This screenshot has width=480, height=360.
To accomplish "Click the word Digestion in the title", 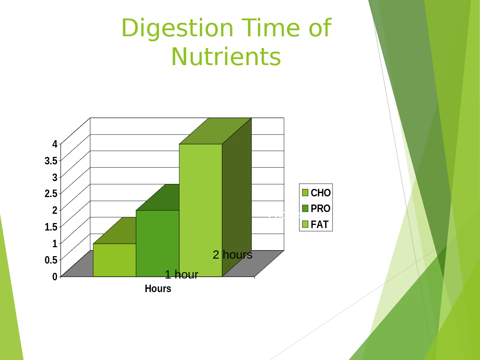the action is click(177, 29).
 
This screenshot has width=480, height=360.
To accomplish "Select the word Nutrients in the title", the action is click(226, 57).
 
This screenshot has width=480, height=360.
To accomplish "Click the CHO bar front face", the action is click(114, 260).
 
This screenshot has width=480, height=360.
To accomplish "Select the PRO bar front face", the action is click(158, 243).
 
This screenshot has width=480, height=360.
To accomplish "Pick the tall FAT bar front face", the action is click(201, 210).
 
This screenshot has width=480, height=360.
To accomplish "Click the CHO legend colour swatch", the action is click(305, 193).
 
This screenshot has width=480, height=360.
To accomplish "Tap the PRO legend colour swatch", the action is click(305, 208).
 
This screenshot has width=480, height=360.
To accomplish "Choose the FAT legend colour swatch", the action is click(305, 224).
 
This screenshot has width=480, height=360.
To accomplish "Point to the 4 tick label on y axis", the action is click(55, 144).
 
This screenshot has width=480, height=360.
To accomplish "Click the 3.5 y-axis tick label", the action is click(51, 161).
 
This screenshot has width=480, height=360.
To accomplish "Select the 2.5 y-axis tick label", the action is click(51, 194).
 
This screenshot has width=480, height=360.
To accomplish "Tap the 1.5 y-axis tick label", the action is click(51, 227).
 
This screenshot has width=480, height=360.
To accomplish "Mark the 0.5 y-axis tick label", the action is click(51, 260).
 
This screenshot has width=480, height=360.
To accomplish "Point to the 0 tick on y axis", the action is click(55, 277).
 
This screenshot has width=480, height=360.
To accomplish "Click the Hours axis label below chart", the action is click(158, 289).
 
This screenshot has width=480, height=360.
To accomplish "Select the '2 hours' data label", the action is click(233, 255).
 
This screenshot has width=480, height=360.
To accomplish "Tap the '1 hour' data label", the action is click(181, 275).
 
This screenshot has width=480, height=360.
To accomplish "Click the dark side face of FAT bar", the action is click(237, 197).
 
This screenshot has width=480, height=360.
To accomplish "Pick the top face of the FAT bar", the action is click(215, 131).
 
